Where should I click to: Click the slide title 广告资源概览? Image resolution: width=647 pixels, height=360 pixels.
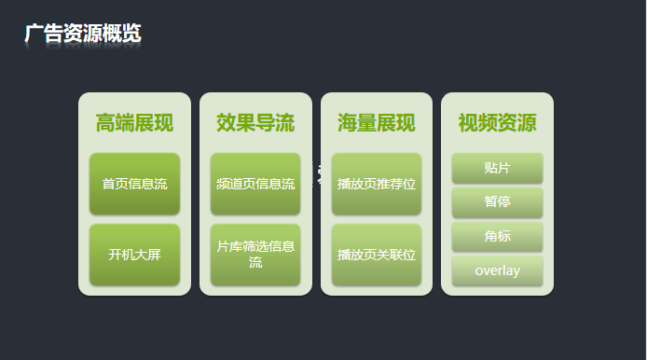pos(83,34)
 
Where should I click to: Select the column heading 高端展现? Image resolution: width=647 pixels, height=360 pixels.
pos(134,123)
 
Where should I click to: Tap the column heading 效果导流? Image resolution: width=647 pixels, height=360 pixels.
pos(255,123)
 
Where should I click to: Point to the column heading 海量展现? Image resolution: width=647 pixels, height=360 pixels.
pos(377,123)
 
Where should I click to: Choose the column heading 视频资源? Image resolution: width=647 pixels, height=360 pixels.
pos(497,123)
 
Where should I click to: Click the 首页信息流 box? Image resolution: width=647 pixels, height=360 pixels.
pos(134,185)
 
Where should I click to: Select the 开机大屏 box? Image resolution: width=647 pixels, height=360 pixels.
pos(134,255)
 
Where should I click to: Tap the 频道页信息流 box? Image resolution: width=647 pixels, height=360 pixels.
pos(255,185)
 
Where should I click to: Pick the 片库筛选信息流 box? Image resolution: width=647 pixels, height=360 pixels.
pos(255,255)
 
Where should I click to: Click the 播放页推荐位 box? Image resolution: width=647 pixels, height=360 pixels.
pos(377,185)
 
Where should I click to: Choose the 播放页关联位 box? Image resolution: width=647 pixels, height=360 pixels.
pos(377,255)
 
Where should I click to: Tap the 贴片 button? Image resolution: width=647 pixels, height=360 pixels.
pos(497,169)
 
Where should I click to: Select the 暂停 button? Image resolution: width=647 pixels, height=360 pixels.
pos(497,202)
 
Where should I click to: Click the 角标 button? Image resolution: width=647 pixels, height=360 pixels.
pos(497,237)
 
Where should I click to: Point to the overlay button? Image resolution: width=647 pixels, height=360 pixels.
pos(497,271)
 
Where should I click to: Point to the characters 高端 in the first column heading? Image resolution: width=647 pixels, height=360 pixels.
pos(115,123)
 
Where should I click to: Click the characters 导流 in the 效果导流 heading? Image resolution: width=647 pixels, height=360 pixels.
pos(275,123)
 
